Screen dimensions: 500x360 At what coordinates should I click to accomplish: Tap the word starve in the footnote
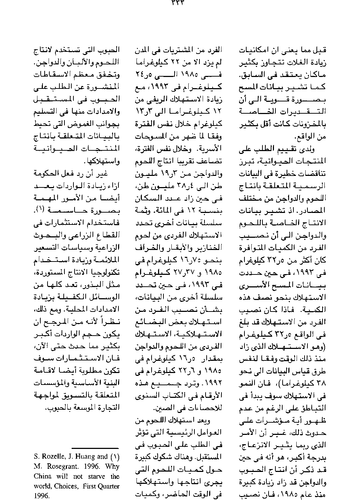pos(95,477)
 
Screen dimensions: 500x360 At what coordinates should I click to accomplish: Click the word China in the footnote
pos(42,477)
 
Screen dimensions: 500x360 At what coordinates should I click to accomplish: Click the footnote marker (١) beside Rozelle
pos(114,457)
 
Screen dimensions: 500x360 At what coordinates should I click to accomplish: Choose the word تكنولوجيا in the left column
pos(104,273)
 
